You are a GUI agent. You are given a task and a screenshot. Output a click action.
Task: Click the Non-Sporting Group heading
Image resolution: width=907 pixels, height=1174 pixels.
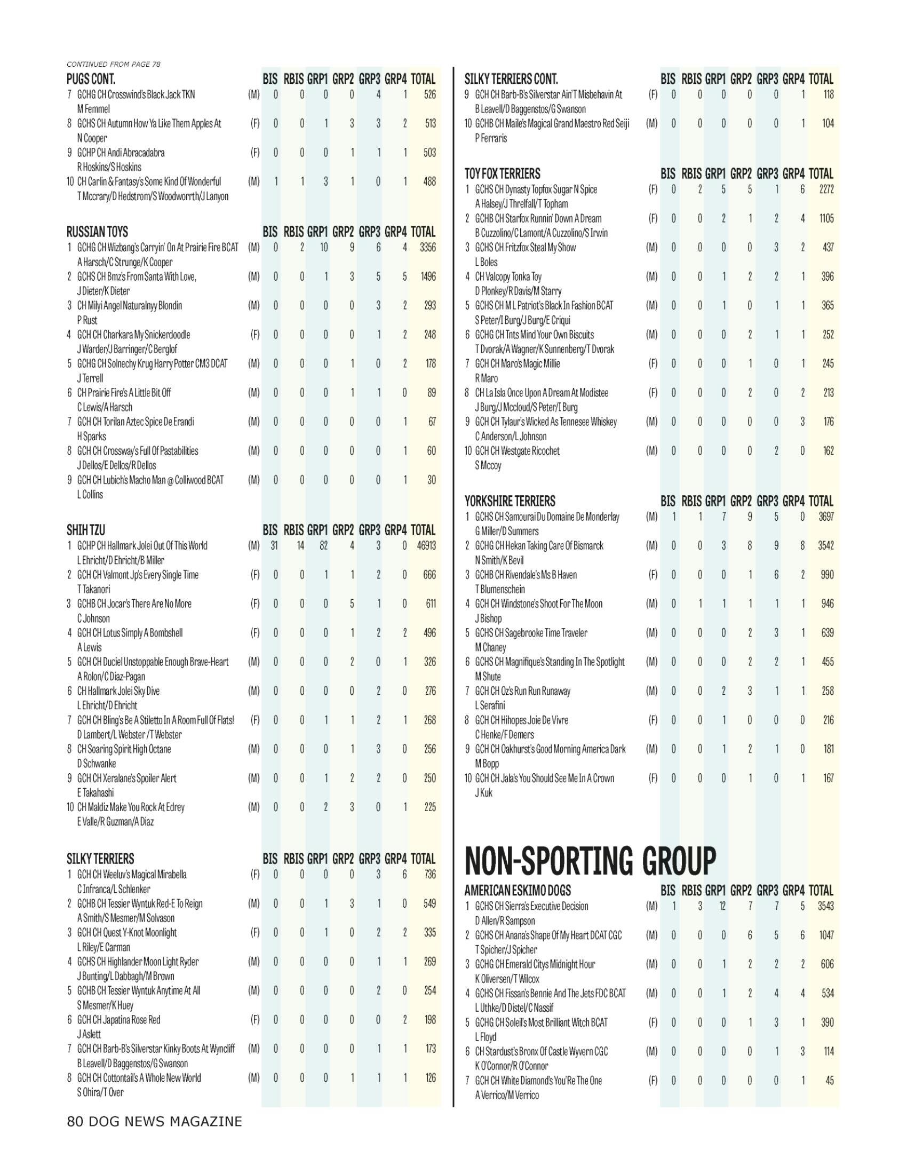click(x=590, y=861)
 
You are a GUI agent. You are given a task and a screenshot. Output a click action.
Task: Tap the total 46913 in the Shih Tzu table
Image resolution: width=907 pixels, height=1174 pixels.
click(x=426, y=545)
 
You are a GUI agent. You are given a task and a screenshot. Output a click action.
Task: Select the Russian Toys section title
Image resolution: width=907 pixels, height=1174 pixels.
click(x=97, y=232)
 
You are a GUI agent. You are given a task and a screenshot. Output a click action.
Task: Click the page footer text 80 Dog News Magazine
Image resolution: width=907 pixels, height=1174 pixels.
click(x=154, y=1121)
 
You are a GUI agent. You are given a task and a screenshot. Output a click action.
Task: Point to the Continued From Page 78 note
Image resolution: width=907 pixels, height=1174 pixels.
click(x=113, y=65)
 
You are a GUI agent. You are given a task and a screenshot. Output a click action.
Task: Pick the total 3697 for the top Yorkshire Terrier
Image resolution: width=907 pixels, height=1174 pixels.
click(x=825, y=517)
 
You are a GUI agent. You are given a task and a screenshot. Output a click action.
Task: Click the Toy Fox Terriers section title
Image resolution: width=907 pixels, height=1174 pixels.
click(x=503, y=174)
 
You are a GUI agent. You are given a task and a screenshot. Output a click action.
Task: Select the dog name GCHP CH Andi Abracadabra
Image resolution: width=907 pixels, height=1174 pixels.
click(x=121, y=153)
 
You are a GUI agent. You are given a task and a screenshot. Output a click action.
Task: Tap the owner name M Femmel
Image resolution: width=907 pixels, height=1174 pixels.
click(x=93, y=109)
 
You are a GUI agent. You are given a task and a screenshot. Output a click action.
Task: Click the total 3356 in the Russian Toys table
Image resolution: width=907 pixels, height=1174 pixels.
click(x=426, y=248)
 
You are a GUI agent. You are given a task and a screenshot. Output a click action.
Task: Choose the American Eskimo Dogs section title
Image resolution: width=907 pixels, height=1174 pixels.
click(x=518, y=891)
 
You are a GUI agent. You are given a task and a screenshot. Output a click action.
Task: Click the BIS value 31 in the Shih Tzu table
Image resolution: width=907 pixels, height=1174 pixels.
click(x=274, y=545)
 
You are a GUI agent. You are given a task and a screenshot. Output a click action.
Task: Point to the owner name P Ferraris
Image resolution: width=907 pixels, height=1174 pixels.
click(x=490, y=138)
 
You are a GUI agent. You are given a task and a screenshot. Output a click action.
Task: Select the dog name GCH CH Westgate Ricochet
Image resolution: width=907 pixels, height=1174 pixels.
click(x=517, y=451)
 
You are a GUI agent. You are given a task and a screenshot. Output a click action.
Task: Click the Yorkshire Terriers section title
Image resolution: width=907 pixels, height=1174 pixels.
click(x=510, y=502)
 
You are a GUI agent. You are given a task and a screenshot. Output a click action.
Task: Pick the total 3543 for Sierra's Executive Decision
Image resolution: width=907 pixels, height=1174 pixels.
click(x=825, y=906)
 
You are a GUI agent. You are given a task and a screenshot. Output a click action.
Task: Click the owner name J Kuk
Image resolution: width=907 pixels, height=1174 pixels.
click(x=483, y=793)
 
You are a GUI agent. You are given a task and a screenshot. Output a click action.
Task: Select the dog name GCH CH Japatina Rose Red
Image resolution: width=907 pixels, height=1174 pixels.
click(x=119, y=1020)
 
